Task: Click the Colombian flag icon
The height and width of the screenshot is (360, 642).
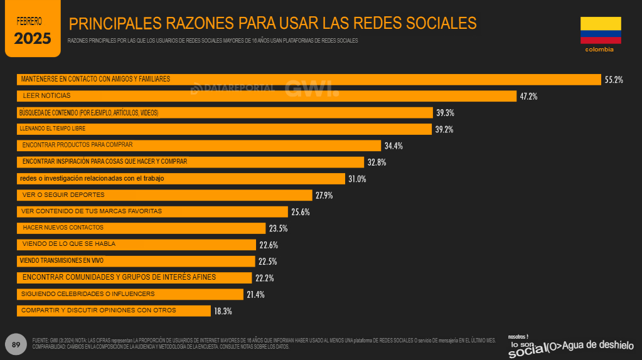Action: pyautogui.click(x=600, y=30)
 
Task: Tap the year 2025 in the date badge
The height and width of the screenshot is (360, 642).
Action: pyautogui.click(x=33, y=38)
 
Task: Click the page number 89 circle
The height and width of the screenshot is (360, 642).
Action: pyautogui.click(x=16, y=344)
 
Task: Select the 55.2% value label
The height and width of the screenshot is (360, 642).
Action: pyautogui.click(x=613, y=80)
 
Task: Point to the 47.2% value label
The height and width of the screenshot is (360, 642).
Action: pyautogui.click(x=528, y=97)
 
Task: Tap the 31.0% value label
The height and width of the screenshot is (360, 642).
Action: pyautogui.click(x=357, y=179)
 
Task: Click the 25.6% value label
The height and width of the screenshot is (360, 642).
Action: pyautogui.click(x=300, y=212)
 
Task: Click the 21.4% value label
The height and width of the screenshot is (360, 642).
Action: pyautogui.click(x=255, y=294)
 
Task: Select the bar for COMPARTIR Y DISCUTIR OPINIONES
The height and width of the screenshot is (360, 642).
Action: pyautogui.click(x=114, y=310)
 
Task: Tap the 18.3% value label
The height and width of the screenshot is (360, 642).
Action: pyautogui.click(x=223, y=310)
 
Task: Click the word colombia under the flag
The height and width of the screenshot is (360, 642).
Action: pyautogui.click(x=599, y=49)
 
